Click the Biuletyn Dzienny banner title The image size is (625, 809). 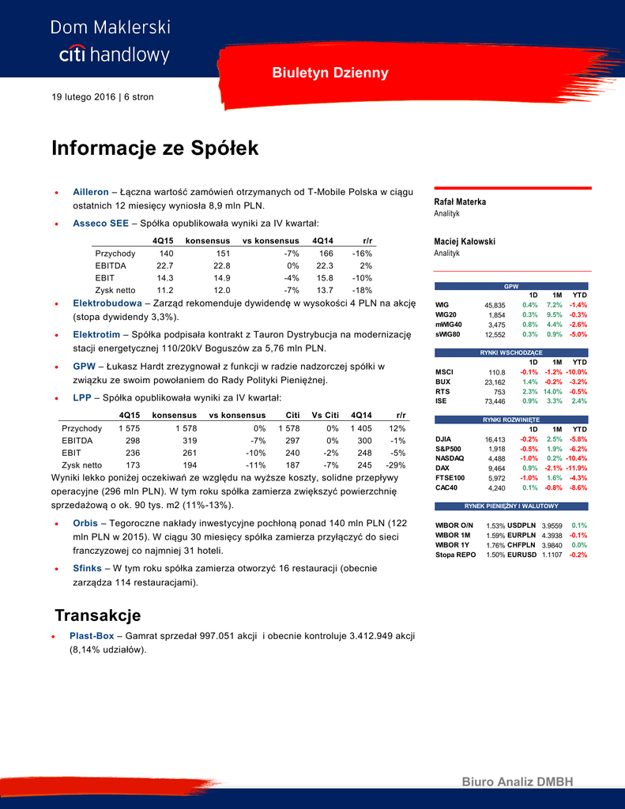330,73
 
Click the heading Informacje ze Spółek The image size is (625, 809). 155,149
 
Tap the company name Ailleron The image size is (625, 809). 90,192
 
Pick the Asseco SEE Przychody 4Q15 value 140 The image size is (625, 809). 167,254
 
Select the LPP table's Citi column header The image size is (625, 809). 292,415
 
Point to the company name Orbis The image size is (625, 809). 85,523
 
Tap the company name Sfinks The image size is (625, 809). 87,568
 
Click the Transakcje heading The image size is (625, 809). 97,615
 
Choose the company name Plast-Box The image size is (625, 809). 92,635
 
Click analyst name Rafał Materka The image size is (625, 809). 460,201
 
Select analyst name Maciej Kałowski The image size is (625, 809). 465,241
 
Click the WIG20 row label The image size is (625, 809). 446,314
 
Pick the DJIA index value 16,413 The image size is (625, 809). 495,439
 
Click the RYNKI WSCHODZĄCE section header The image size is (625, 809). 512,352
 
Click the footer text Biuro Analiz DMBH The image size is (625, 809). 517,782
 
